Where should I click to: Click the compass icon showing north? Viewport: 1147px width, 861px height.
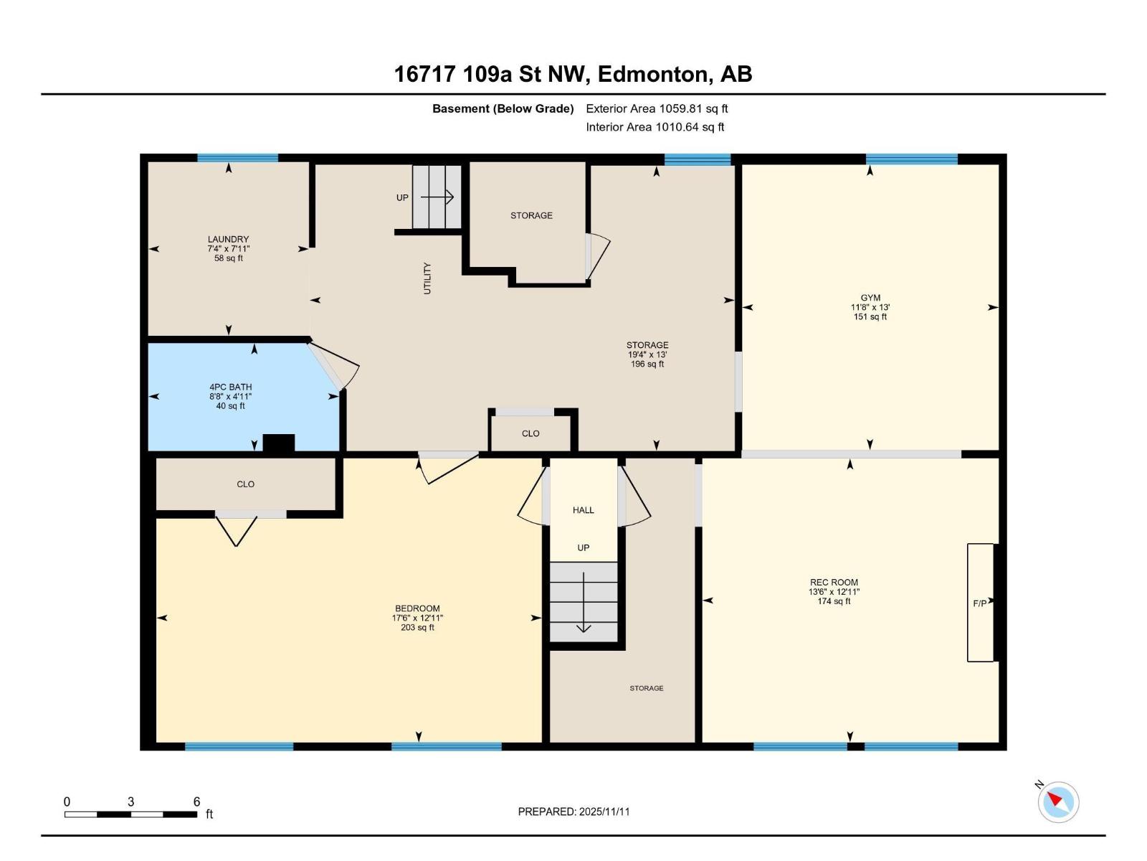[x=1058, y=801]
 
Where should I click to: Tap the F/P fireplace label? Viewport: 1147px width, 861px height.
[x=979, y=603]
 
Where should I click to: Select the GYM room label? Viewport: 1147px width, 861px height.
[x=870, y=298]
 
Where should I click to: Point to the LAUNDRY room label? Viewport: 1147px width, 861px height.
[x=228, y=240]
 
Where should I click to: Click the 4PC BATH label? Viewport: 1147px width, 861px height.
[x=230, y=387]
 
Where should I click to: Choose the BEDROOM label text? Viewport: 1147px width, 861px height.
[x=417, y=608]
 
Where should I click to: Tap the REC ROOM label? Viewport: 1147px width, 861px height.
[x=834, y=583]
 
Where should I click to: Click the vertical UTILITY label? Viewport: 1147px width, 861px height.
[x=427, y=278]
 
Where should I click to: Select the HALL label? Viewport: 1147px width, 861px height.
[x=583, y=510]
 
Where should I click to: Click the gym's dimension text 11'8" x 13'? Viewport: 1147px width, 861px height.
[x=870, y=307]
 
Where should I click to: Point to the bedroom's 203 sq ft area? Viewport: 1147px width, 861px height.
[x=417, y=628]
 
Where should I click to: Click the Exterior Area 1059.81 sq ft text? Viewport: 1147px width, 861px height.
[x=657, y=109]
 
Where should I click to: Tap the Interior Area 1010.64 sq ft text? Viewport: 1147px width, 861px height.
[x=655, y=127]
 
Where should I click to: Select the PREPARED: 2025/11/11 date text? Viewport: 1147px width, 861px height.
[x=573, y=811]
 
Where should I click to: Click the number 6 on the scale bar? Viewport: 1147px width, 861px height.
[x=196, y=801]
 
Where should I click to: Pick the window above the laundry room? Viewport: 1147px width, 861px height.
[x=237, y=158]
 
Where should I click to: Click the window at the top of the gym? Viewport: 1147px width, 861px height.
[x=911, y=159]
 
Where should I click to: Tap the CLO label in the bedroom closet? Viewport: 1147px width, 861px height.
[x=245, y=484]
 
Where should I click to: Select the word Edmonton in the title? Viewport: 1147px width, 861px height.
[x=652, y=74]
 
